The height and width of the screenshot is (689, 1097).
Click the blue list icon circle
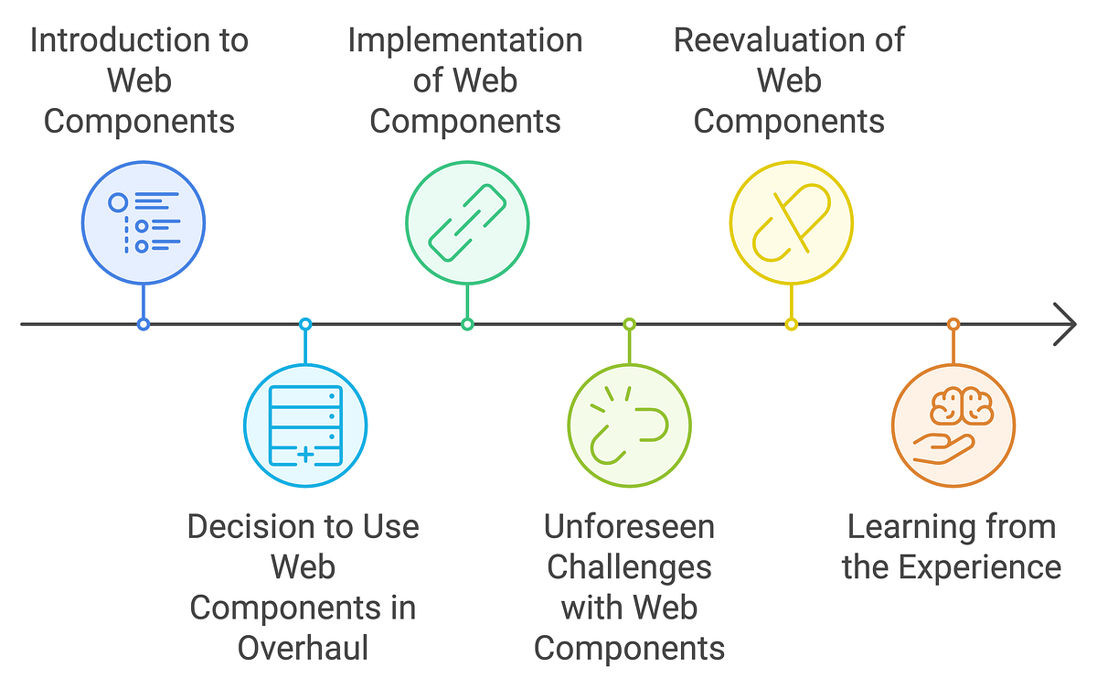144,222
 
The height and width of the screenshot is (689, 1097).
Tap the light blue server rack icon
305,425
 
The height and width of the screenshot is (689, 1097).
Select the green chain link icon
467,222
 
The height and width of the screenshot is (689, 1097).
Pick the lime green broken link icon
629,425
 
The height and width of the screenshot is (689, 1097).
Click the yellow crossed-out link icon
791,222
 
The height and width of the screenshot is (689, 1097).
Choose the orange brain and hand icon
953,425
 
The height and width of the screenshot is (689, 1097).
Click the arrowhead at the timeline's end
1065,324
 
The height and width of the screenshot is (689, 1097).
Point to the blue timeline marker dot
144,324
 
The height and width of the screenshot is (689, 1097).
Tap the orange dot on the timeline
953,324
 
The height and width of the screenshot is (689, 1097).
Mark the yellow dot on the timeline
791,324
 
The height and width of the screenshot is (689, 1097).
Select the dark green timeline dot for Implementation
467,324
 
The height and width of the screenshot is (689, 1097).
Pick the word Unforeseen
629,527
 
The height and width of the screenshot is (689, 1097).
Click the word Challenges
629,567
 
